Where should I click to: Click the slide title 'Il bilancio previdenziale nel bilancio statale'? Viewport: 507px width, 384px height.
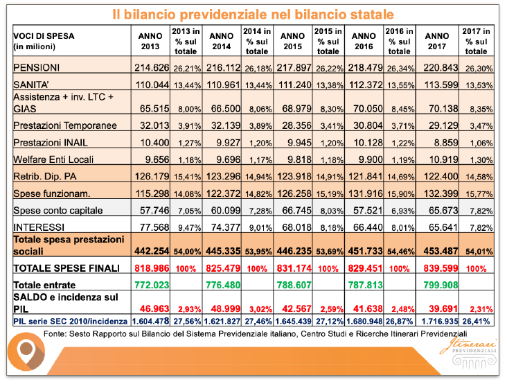click(x=253, y=14)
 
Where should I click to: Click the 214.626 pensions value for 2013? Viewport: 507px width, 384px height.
click(x=150, y=67)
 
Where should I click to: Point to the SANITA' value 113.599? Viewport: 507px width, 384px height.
click(x=439, y=82)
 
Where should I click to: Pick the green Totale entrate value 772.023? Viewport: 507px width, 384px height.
click(x=150, y=283)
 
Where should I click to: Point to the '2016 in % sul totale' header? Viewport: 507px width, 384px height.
click(x=400, y=41)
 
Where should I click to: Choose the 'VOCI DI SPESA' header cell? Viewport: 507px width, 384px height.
click(x=44, y=41)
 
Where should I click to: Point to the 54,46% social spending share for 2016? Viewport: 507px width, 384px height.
click(x=400, y=248)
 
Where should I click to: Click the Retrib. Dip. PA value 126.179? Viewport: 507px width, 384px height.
click(x=150, y=176)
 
